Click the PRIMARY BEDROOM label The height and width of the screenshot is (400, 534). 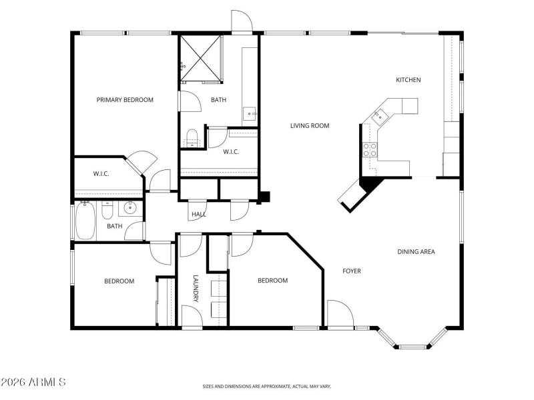pos(125,100)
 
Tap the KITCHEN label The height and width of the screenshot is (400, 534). pos(409,80)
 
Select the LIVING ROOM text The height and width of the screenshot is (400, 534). pos(309,125)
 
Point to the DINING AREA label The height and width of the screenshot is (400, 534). pos(416,252)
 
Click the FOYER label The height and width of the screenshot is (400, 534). pos(352,271)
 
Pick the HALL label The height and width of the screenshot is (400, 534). pos(198,215)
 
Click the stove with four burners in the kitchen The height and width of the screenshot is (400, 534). pos(370,150)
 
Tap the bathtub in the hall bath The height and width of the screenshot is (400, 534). pos(85,221)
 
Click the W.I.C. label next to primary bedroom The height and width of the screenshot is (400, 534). pos(101,174)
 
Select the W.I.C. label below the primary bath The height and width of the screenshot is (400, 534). pos(231,152)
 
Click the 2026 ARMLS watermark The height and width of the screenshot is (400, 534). pos(33,383)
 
